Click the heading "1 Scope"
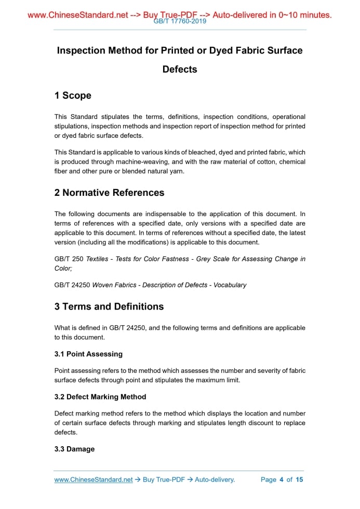tap(73, 96)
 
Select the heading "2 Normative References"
tap(109, 193)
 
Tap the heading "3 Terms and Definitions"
tap(109, 306)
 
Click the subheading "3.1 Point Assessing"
tap(88, 354)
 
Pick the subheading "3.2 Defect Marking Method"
tap(100, 397)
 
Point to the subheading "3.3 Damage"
tap(74, 449)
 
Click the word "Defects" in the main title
tap(180, 69)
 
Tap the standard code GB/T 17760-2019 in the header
tap(180, 21)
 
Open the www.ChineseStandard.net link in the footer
tap(94, 479)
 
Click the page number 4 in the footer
tap(281, 479)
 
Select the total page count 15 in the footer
tap(299, 479)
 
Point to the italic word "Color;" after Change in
tap(63, 269)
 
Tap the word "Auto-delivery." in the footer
tap(215, 479)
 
